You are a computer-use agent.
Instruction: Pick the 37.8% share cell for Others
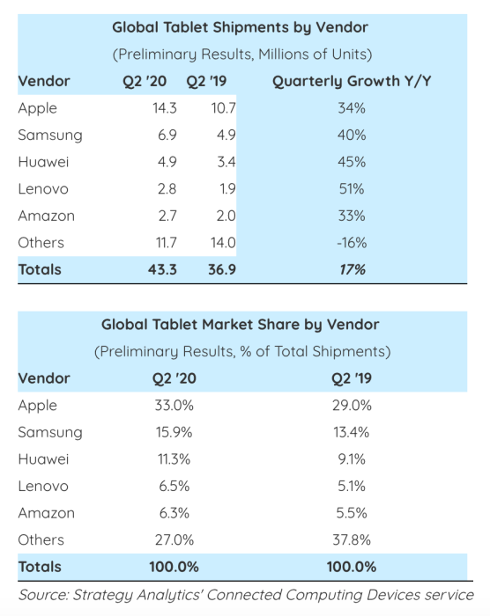point(351,539)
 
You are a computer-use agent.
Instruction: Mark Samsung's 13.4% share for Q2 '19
point(351,432)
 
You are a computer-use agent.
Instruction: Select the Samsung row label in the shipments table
point(50,136)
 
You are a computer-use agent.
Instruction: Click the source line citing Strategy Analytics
point(246,594)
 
